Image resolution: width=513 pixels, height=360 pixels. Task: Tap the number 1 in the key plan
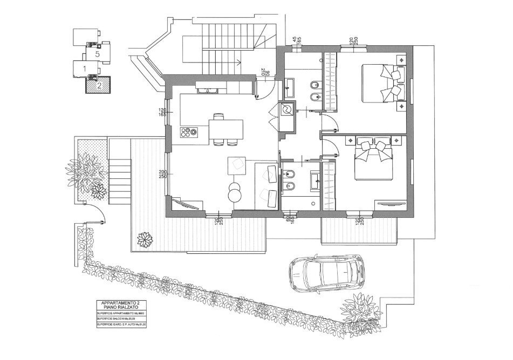click(x=85, y=68)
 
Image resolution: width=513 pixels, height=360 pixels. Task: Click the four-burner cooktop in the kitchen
click(x=190, y=131)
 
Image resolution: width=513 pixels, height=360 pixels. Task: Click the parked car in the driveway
click(x=326, y=271)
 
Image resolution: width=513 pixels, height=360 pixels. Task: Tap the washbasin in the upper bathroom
click(x=289, y=85)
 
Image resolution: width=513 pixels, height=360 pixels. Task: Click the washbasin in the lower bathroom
click(x=313, y=181)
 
